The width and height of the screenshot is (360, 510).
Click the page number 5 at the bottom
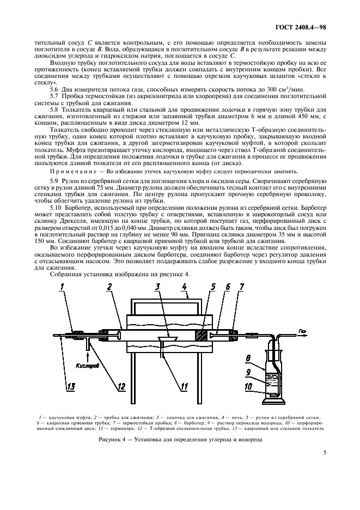tap(324, 452)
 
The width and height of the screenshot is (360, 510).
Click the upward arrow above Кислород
tap(86, 353)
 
